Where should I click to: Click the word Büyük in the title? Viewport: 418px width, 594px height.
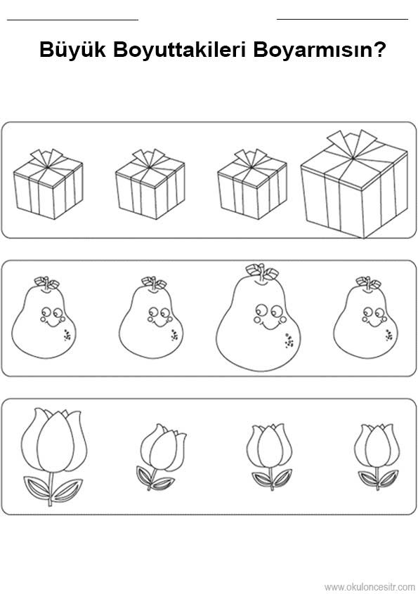pyautogui.click(x=72, y=51)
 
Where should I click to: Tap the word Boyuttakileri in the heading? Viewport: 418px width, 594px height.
pyautogui.click(x=179, y=51)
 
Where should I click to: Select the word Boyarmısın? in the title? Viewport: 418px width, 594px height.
pyautogui.click(x=320, y=50)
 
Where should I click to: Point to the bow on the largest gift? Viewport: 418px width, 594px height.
pyautogui.click(x=352, y=143)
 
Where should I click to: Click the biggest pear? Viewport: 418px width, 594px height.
pyautogui.click(x=259, y=317)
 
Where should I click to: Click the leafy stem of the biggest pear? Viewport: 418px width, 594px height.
pyautogui.click(x=261, y=272)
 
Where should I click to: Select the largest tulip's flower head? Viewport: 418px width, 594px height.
pyautogui.click(x=54, y=440)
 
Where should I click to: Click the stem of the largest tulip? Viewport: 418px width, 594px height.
pyautogui.click(x=50, y=489)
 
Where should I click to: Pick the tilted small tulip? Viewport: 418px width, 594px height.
pyautogui.click(x=161, y=457)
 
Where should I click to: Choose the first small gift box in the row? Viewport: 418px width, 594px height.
pyautogui.click(x=48, y=184)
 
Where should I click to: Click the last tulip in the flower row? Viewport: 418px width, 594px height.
pyautogui.click(x=377, y=456)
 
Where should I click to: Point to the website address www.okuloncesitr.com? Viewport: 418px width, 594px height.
pyautogui.click(x=370, y=587)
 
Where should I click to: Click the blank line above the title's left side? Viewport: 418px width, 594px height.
pyautogui.click(x=73, y=20)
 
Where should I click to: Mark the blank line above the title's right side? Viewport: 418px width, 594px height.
pyautogui.click(x=343, y=18)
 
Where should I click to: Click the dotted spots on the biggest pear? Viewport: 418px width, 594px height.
pyautogui.click(x=289, y=341)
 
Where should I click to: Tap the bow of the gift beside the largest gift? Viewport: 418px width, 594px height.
pyautogui.click(x=251, y=159)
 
